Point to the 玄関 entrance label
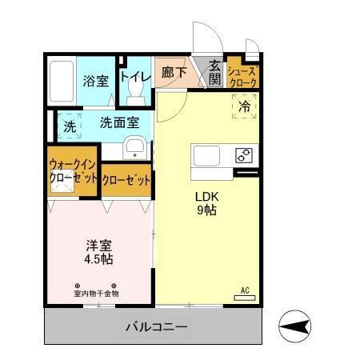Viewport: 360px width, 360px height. (214, 72)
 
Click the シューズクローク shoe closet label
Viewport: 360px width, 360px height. (242, 74)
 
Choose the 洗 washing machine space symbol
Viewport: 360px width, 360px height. (70, 126)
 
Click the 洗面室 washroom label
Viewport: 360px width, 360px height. (119, 123)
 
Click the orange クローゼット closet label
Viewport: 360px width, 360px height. (126, 180)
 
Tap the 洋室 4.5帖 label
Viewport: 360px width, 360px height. (99, 252)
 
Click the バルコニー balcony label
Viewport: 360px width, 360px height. (156, 326)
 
